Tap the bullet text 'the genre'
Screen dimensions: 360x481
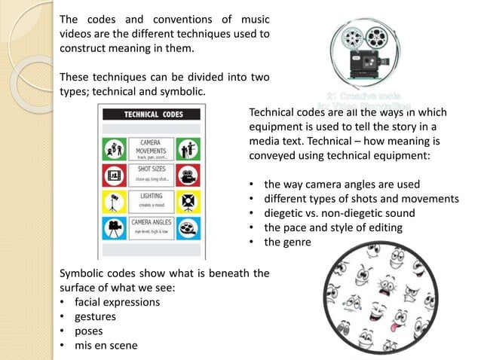286,243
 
